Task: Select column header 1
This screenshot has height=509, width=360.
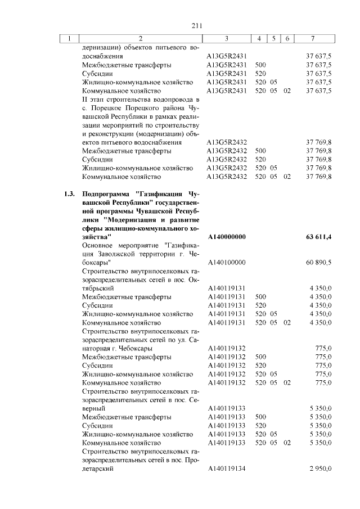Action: tap(70, 39)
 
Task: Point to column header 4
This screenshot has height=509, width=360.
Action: tap(259, 39)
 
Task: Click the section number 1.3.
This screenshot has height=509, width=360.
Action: tap(70, 195)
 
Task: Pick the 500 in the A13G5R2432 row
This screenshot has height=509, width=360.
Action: tap(260, 151)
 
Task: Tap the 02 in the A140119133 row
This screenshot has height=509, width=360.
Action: tap(287, 443)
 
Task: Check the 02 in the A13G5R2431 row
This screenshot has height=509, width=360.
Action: tap(287, 91)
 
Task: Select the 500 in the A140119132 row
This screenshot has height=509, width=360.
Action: tap(260, 357)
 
